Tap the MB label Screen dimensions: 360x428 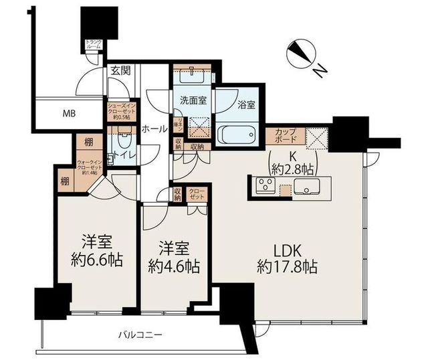pyautogui.click(x=69, y=114)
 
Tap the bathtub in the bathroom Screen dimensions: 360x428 pyautogui.click(x=238, y=131)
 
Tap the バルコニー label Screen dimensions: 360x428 pyautogui.click(x=140, y=333)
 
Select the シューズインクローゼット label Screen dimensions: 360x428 pyautogui.click(x=122, y=110)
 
